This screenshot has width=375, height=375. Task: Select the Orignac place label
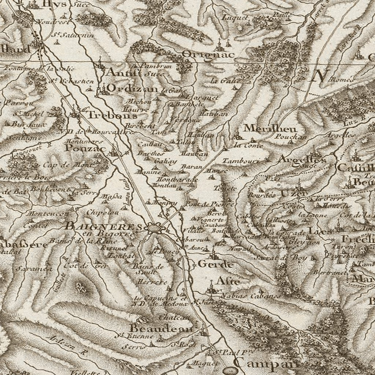[x=208, y=55]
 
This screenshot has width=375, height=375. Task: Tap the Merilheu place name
[x=270, y=128]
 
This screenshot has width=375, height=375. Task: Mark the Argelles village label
[x=302, y=160]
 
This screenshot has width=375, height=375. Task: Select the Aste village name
[x=228, y=281]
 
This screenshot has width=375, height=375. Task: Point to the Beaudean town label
[x=161, y=328]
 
